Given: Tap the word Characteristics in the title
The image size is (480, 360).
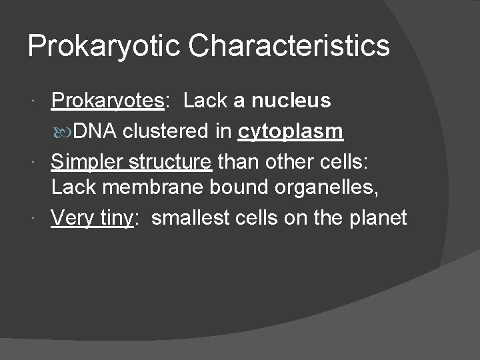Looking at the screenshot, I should pyautogui.click(x=289, y=45).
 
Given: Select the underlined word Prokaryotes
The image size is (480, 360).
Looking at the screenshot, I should pyautogui.click(x=107, y=101).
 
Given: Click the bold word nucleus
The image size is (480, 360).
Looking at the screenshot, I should pyautogui.click(x=291, y=101).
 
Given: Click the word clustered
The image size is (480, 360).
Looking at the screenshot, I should pyautogui.click(x=167, y=132).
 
